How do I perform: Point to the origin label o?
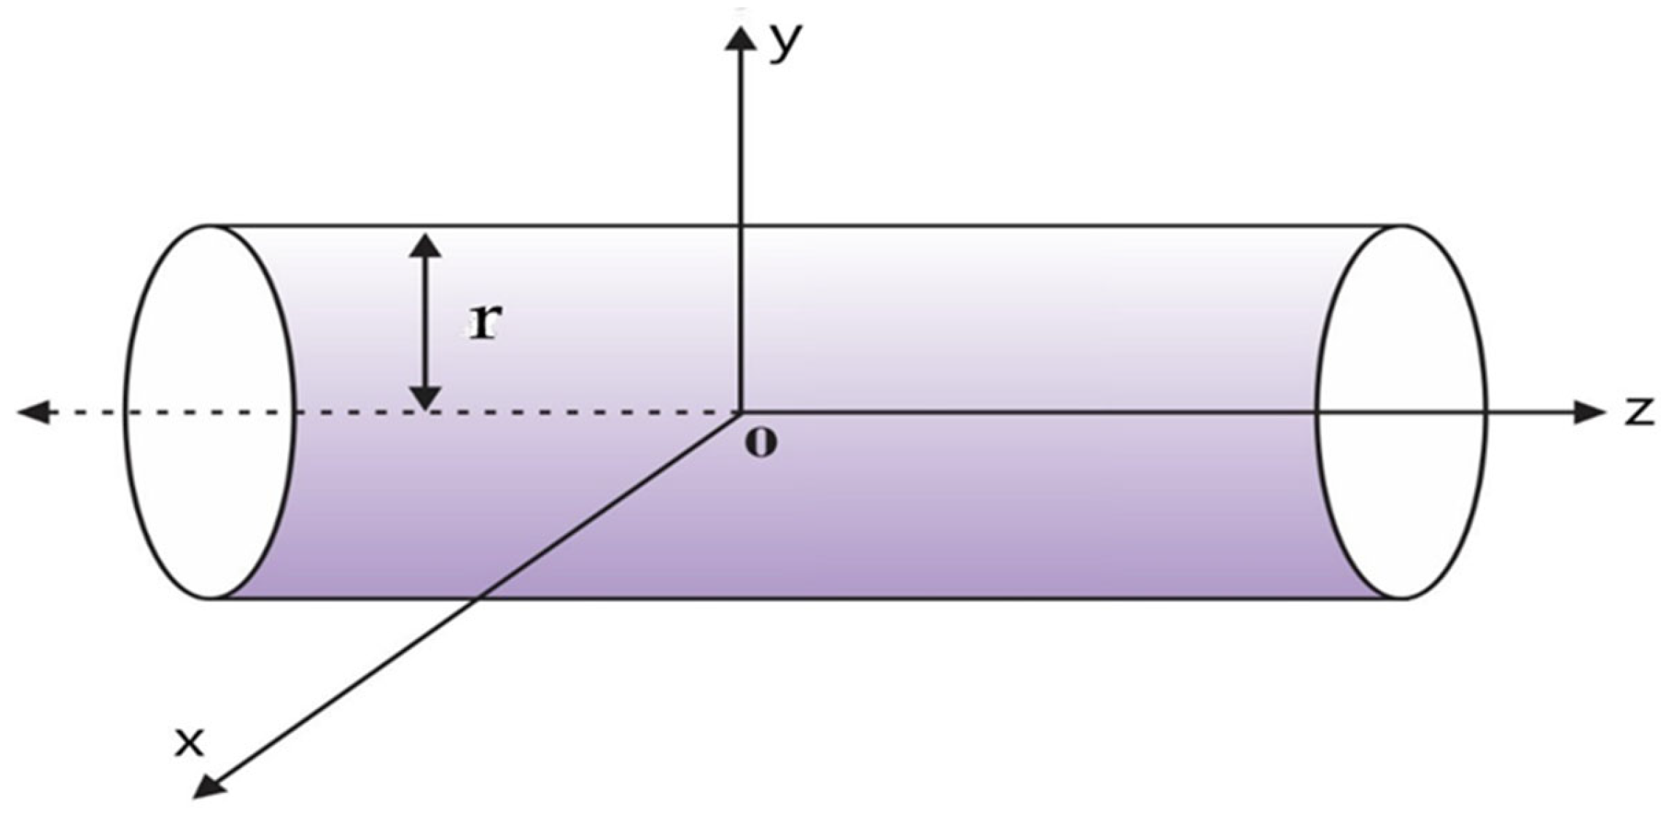point(761,443)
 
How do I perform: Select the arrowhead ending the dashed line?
point(34,413)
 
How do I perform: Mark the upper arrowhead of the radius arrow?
point(425,247)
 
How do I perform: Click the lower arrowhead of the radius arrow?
point(425,397)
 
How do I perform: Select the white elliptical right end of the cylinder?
point(1401,413)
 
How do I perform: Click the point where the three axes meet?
point(741,413)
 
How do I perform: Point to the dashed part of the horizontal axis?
point(510,413)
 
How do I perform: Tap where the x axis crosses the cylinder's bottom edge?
point(478,599)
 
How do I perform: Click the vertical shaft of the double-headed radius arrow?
point(425,322)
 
